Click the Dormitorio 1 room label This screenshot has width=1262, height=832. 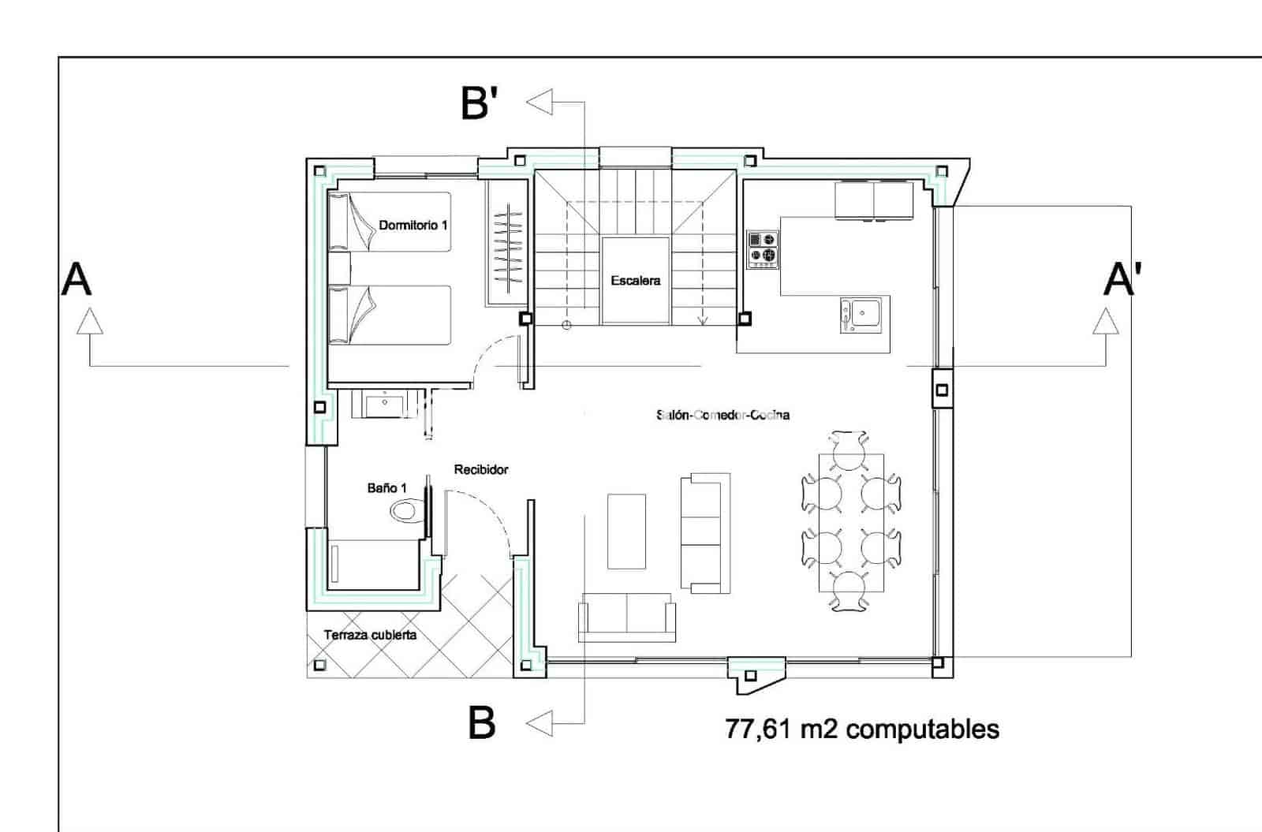click(413, 225)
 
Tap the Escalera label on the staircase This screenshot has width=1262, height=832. click(635, 280)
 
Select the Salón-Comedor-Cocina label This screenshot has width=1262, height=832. click(722, 415)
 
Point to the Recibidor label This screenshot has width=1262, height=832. click(481, 469)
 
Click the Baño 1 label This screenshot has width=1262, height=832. click(386, 488)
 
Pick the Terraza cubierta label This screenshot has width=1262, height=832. click(370, 635)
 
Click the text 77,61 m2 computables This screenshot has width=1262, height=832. click(861, 729)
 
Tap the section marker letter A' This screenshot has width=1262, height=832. click(1122, 279)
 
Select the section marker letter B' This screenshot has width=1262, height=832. click(480, 103)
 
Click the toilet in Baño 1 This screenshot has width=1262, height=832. click(407, 511)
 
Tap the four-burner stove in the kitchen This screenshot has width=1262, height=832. click(763, 248)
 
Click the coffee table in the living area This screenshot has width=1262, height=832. click(626, 531)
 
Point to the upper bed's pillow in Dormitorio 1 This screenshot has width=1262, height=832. click(339, 221)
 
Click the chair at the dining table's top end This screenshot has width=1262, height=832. click(849, 450)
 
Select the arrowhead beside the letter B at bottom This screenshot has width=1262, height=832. click(540, 722)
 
